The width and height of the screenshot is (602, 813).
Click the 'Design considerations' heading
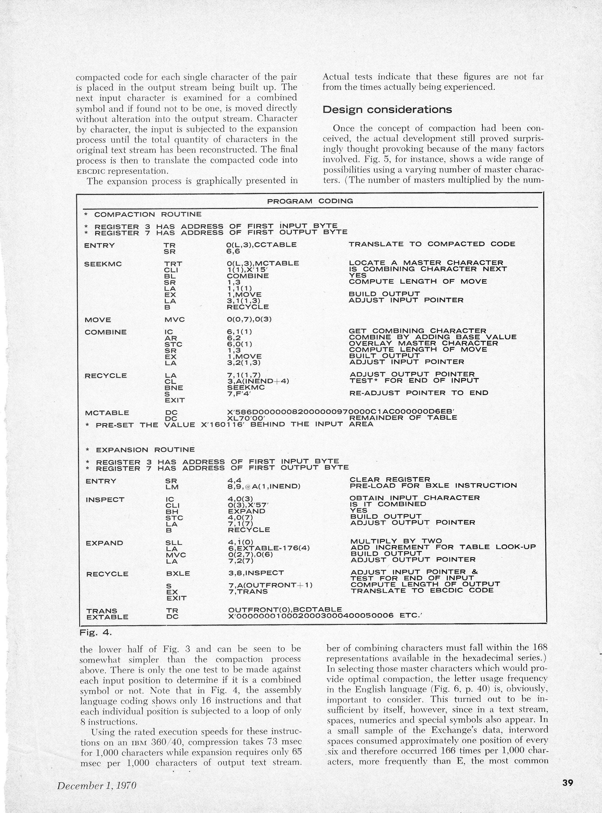tap(387, 109)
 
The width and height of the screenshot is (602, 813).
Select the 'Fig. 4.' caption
tap(96, 633)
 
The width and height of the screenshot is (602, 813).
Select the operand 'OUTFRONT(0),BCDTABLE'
tap(285, 609)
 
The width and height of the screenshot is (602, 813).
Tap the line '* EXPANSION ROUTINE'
tap(140, 450)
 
